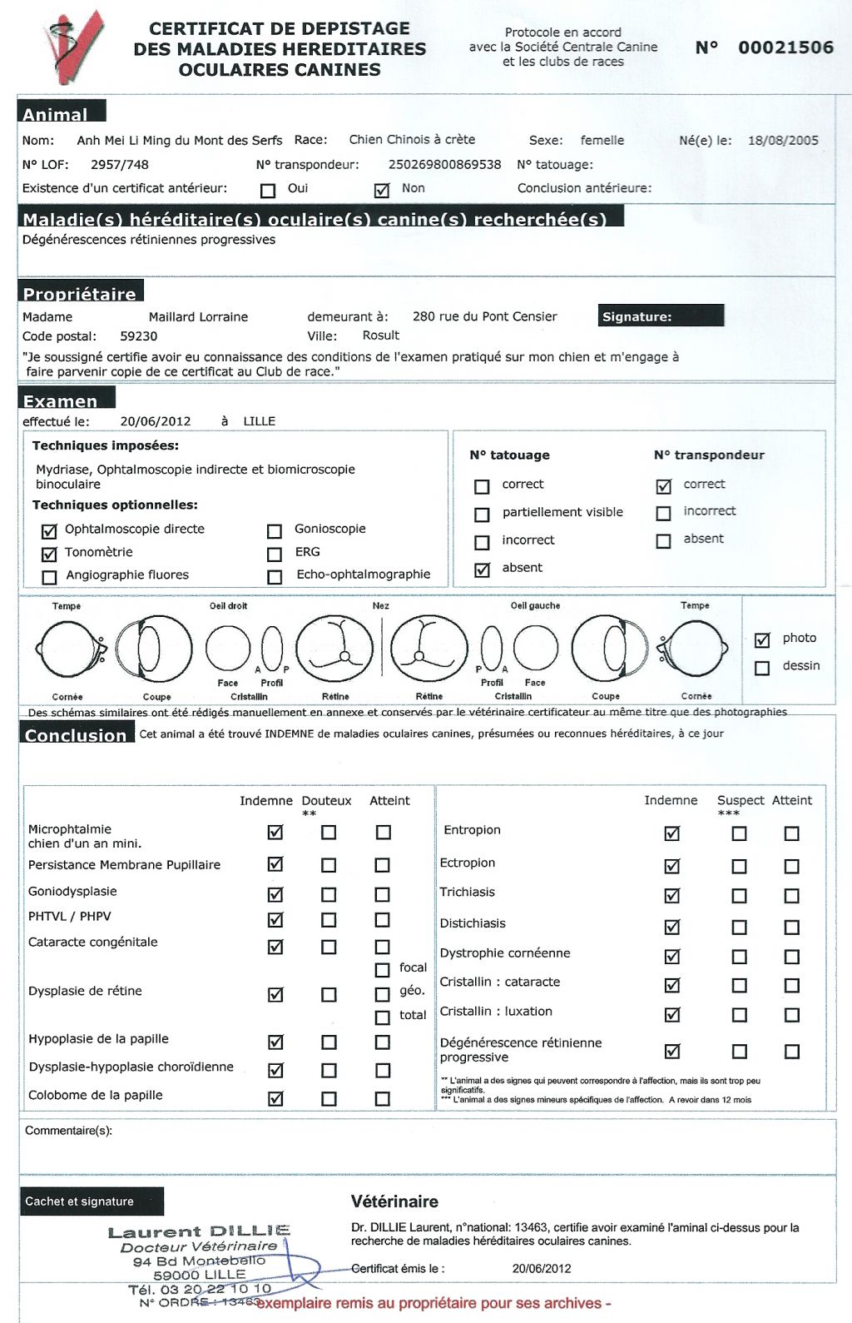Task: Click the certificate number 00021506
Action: [x=785, y=47]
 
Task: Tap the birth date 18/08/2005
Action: [x=783, y=140]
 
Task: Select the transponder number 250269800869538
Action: [x=444, y=165]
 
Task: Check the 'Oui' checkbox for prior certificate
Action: [x=268, y=191]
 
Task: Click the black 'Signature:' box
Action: [x=661, y=316]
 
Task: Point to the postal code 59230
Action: [x=138, y=336]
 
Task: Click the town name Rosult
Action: [x=381, y=336]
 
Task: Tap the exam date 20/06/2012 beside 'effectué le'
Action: [x=156, y=421]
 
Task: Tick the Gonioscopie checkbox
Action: [x=275, y=530]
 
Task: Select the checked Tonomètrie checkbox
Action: [x=49, y=554]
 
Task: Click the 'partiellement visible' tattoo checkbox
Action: [x=482, y=515]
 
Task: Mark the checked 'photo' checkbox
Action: [x=762, y=640]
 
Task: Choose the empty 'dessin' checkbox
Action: [x=762, y=668]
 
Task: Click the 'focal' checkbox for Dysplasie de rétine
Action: [x=382, y=970]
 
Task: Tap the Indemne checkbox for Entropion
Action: [x=672, y=833]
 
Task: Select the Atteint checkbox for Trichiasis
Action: [x=792, y=896]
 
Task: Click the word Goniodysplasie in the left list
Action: [x=72, y=892]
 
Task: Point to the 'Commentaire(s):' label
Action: [x=68, y=1131]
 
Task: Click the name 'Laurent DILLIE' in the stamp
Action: [x=199, y=1231]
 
